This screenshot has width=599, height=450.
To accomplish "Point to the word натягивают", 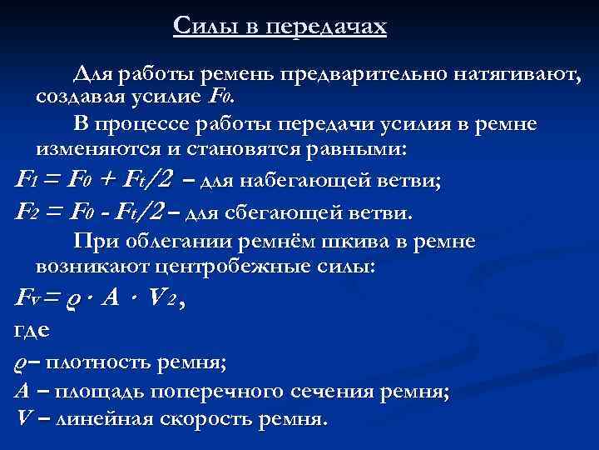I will (516, 75).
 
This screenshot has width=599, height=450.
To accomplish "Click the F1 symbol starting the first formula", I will (27, 180).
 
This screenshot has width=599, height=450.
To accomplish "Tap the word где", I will (32, 331).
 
